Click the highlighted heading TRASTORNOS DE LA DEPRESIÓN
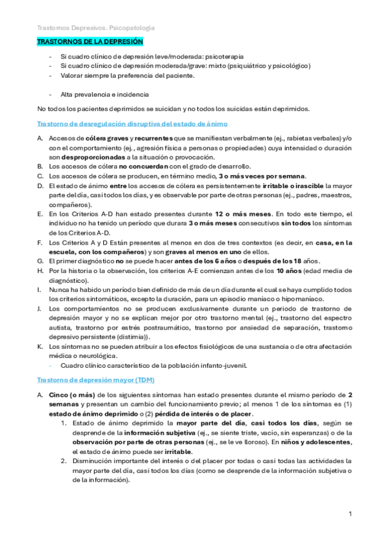coord(90,42)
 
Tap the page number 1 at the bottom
coord(350,514)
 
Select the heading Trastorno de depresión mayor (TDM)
coord(100,379)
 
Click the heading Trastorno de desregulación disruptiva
coord(132,123)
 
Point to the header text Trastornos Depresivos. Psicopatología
coord(96,28)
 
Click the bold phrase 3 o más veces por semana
coord(262,176)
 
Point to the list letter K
coord(40,346)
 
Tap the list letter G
coord(40,261)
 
